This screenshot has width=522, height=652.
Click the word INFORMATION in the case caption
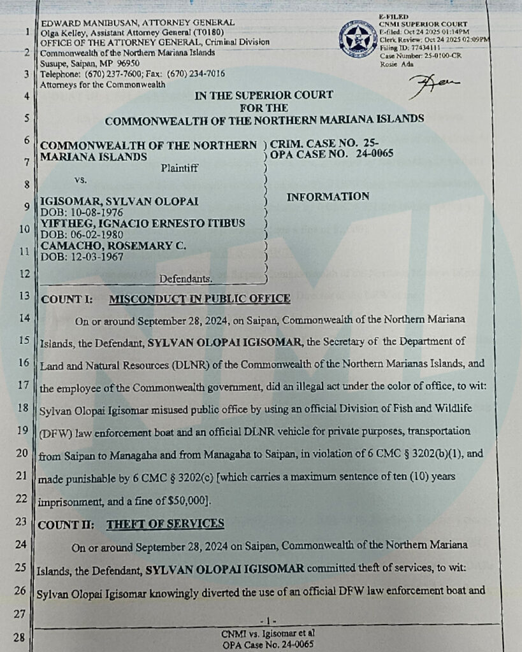pos(328,197)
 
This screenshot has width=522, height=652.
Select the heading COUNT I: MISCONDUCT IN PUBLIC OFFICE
pos(164,298)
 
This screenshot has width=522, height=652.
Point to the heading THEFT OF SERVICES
pos(165,523)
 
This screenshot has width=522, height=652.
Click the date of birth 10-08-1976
pos(82,211)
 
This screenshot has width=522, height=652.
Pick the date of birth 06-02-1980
pos(82,234)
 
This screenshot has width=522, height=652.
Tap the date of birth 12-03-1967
pos(82,257)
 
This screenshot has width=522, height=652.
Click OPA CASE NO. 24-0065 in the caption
pos(331,153)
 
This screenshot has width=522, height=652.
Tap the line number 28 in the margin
pos(18,637)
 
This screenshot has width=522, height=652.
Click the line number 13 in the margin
pos(24,296)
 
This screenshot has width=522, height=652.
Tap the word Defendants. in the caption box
pos(186,278)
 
